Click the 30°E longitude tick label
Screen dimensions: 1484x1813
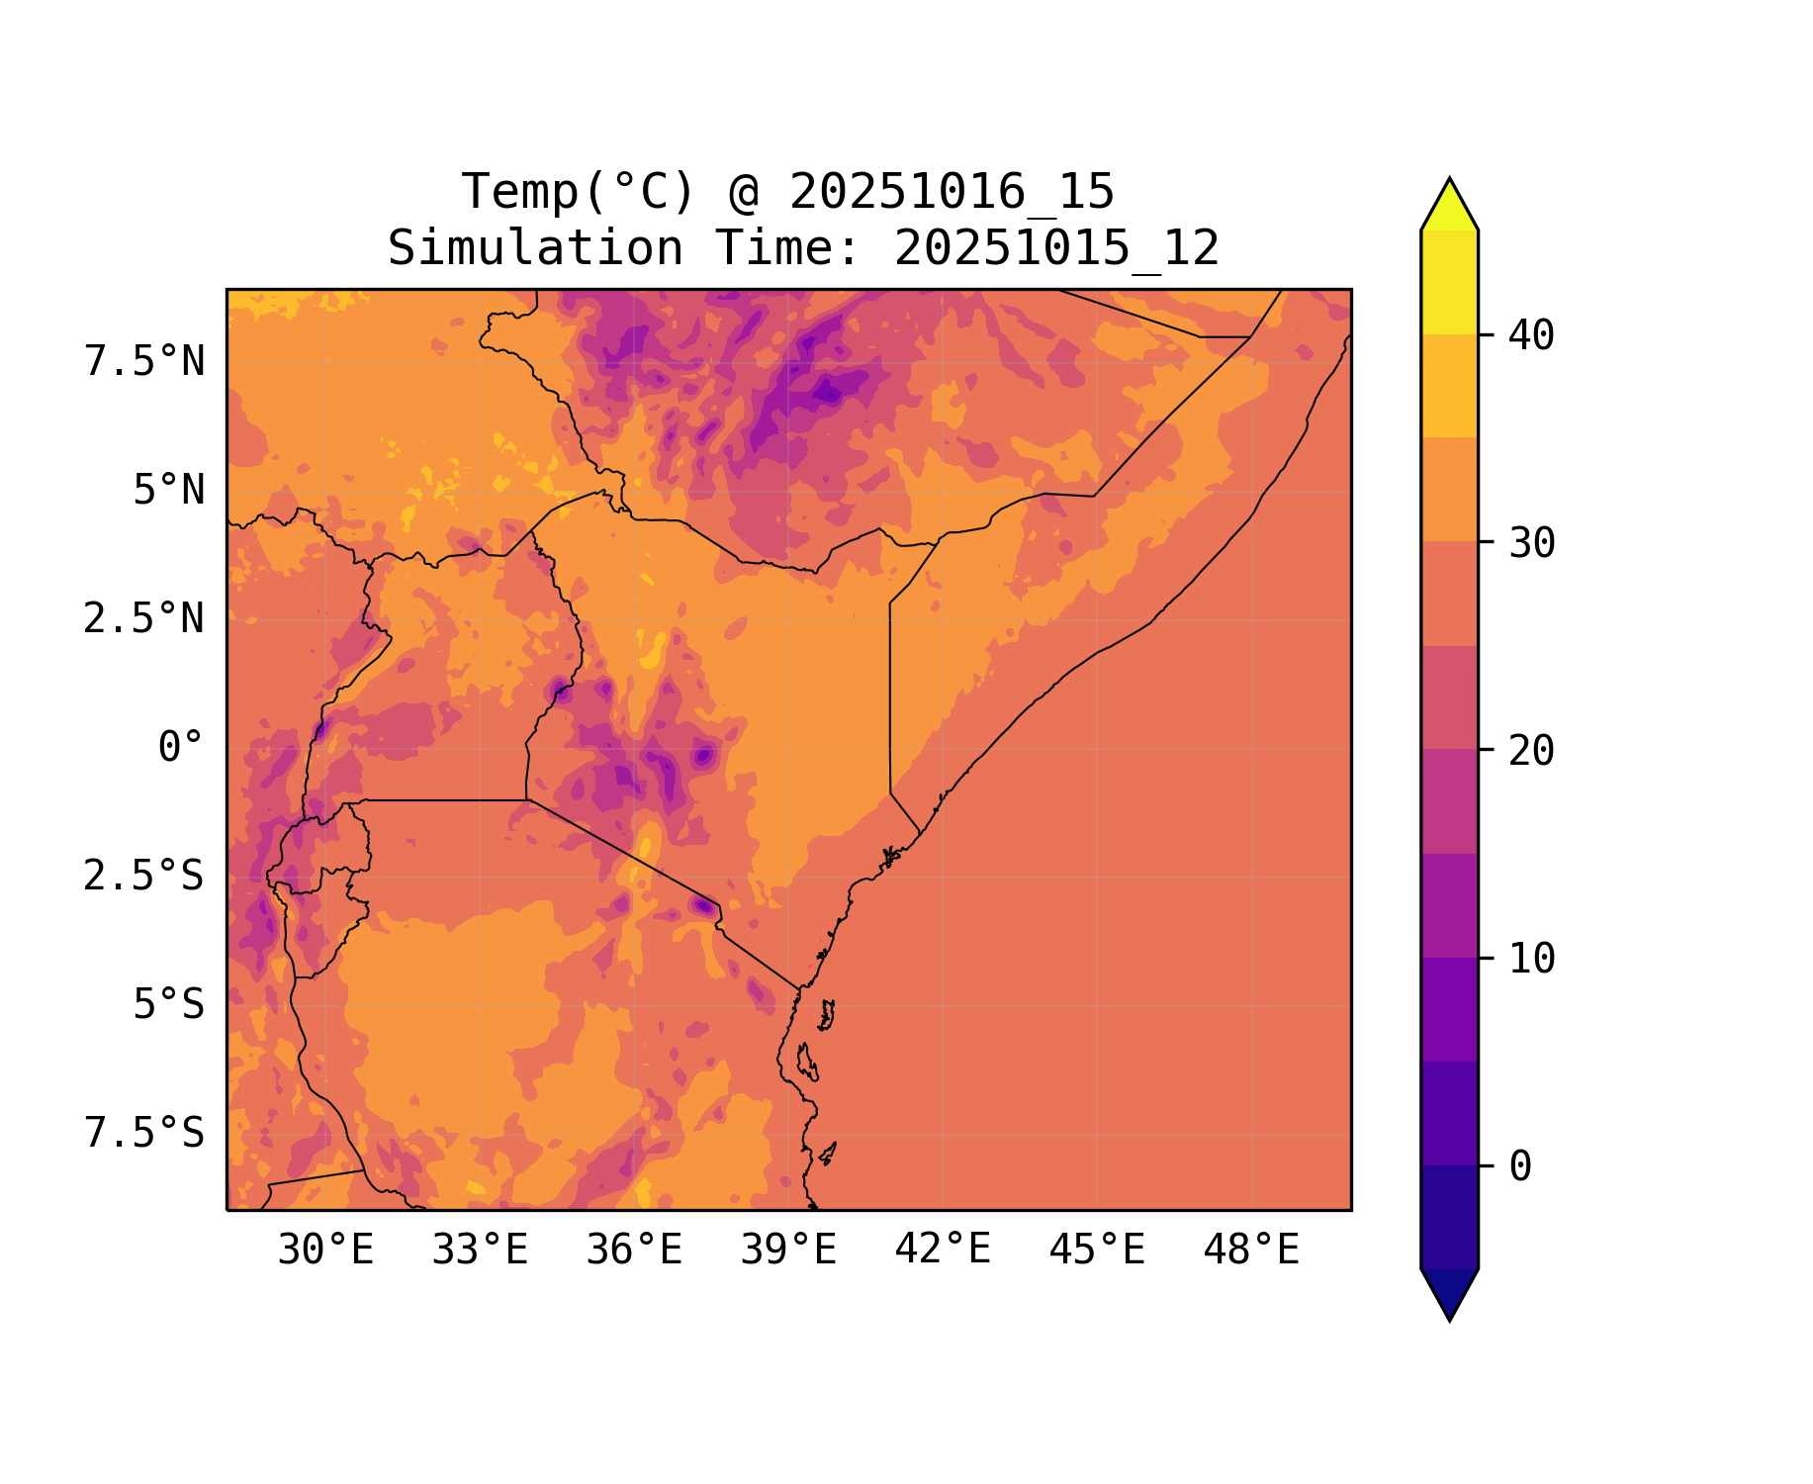[325, 1251]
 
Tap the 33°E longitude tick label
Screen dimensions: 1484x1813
[480, 1251]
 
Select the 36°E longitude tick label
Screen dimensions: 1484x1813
[634, 1251]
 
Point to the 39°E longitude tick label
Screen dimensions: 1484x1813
[788, 1251]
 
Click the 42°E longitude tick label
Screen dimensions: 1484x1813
[943, 1250]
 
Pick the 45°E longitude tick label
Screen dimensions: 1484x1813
[1097, 1251]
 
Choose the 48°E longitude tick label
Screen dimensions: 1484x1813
[1251, 1251]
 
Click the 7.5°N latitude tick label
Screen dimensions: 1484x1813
[144, 362]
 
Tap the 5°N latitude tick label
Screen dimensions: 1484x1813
[169, 491]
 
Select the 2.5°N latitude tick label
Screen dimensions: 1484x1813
[144, 619]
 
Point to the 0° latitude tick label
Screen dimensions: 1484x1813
[181, 747]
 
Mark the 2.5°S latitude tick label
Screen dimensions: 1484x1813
[144, 876]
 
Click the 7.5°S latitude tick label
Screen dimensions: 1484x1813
[144, 1133]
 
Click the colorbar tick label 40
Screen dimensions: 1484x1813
[1532, 336]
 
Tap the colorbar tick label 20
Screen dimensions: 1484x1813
[1532, 751]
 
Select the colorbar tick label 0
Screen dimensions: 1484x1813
[1520, 1167]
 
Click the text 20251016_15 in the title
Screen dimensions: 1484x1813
[952, 192]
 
